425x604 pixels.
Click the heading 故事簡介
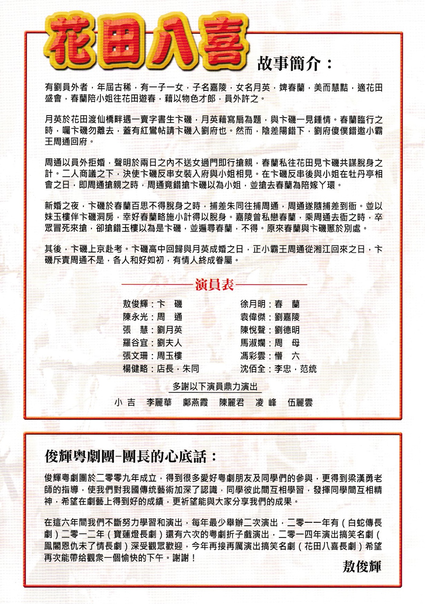294,63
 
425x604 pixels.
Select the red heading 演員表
214,285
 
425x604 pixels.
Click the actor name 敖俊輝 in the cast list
135,304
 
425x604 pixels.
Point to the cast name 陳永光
135,317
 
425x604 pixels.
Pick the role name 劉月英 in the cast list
170,330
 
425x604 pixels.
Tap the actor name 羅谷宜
135,343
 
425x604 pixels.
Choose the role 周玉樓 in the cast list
170,356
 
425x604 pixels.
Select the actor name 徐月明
253,304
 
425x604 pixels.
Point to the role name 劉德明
287,330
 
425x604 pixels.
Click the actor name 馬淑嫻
253,343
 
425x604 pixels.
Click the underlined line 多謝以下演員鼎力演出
215,387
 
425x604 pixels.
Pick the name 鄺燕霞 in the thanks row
195,403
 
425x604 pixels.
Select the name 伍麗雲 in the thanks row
300,403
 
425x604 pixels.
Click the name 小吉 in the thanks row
125,403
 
